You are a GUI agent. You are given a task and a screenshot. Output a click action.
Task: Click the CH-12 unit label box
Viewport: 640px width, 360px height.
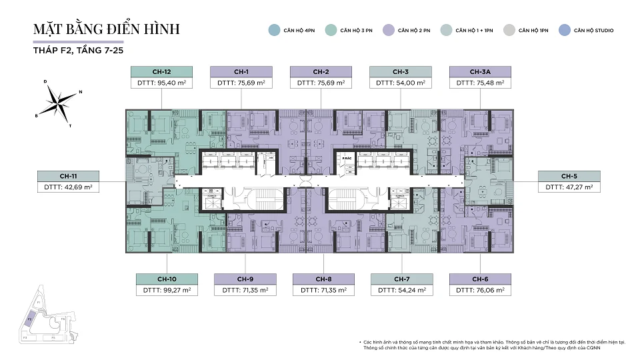coord(161,72)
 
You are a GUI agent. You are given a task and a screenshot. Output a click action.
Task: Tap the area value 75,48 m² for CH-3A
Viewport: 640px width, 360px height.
coord(480,83)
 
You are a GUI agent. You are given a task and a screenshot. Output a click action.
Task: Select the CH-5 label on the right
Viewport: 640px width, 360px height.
coord(569,176)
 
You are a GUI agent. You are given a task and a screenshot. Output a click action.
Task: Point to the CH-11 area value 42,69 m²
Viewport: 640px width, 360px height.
coord(69,187)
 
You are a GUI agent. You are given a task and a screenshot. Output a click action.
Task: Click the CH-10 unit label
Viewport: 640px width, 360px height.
coord(167,279)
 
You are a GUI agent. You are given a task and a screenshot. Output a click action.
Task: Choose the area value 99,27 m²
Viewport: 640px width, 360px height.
coord(167,290)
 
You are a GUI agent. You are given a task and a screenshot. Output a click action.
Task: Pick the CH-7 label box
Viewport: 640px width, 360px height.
coord(401,279)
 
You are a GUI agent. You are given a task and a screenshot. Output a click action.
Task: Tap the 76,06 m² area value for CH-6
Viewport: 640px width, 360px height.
coord(480,290)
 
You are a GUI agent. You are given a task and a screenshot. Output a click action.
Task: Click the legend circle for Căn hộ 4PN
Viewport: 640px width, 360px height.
coord(273,30)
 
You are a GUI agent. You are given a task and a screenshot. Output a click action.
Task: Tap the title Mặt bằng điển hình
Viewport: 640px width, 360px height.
coord(107,29)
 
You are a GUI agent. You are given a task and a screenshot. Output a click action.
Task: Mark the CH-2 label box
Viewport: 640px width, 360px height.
coord(321,72)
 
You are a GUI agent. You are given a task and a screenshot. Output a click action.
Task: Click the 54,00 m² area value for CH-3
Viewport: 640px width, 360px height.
coord(401,83)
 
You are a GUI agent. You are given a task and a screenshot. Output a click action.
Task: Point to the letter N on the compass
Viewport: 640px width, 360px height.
coord(80,92)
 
